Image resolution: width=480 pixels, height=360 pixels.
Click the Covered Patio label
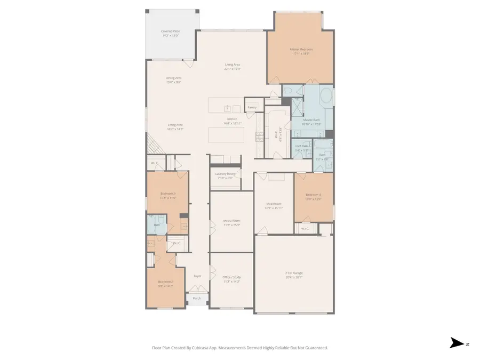tap(171, 31)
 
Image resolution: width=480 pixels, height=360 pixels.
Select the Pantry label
tap(252, 107)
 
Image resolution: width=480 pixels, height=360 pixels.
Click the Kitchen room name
tap(232, 119)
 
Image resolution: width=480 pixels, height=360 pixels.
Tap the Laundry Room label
tap(225, 174)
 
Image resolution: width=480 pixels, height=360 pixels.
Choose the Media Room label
tap(231, 220)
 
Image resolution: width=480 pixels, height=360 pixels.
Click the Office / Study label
tap(231, 277)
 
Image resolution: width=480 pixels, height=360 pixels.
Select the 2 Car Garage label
tap(294, 273)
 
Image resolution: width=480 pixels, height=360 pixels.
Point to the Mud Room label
tap(274, 203)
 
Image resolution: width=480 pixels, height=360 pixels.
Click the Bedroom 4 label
tap(313, 195)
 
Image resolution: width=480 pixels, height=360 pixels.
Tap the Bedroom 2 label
tap(165, 282)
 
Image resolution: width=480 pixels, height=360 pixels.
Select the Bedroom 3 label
tap(168, 194)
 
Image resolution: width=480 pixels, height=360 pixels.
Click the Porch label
tap(197, 298)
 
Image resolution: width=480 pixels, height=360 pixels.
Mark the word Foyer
tap(197, 276)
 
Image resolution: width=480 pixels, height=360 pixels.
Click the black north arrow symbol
tap(457, 343)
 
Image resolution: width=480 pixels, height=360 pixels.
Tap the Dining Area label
tap(174, 78)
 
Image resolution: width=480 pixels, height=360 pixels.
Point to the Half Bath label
tap(301, 146)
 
